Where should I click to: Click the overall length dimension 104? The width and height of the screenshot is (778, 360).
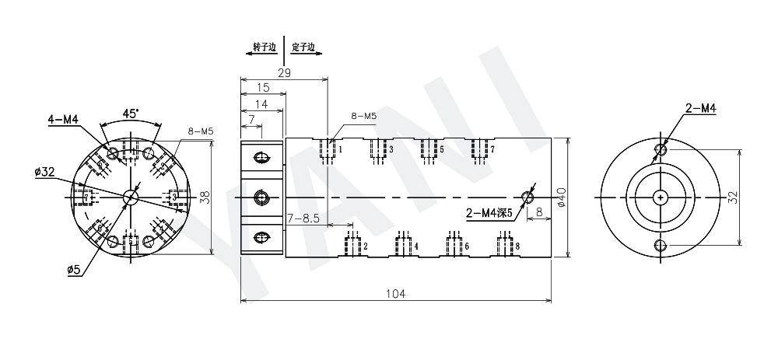396,293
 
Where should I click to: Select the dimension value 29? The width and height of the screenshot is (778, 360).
284,72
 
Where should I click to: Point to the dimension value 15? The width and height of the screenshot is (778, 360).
263,89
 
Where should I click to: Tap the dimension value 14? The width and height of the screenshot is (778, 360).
261,104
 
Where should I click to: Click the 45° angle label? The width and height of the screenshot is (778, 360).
131,113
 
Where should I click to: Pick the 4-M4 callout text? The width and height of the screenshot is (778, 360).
63,119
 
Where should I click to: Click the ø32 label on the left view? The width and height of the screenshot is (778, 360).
44,172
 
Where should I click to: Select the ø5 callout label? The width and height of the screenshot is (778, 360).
74,269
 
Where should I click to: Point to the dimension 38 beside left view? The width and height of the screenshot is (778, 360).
205,197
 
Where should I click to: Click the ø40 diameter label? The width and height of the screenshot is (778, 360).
562,197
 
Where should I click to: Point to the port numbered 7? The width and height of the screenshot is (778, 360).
492,149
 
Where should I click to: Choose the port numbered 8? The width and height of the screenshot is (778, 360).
517,246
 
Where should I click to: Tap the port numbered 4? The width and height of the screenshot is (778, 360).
415,246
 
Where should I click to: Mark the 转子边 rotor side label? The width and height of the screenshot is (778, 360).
264,47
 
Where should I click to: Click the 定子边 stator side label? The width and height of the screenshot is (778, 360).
303,47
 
